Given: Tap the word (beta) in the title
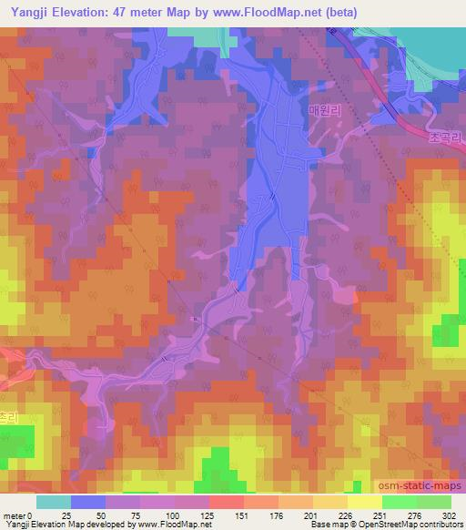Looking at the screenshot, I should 341,13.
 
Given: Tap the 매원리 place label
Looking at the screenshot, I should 323,110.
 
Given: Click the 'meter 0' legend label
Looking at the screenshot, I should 16,516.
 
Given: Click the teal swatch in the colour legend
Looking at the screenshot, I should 54,502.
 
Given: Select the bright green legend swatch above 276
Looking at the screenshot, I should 400,502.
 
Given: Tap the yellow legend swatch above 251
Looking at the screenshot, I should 365,502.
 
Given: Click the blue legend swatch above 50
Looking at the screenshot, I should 88,502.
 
